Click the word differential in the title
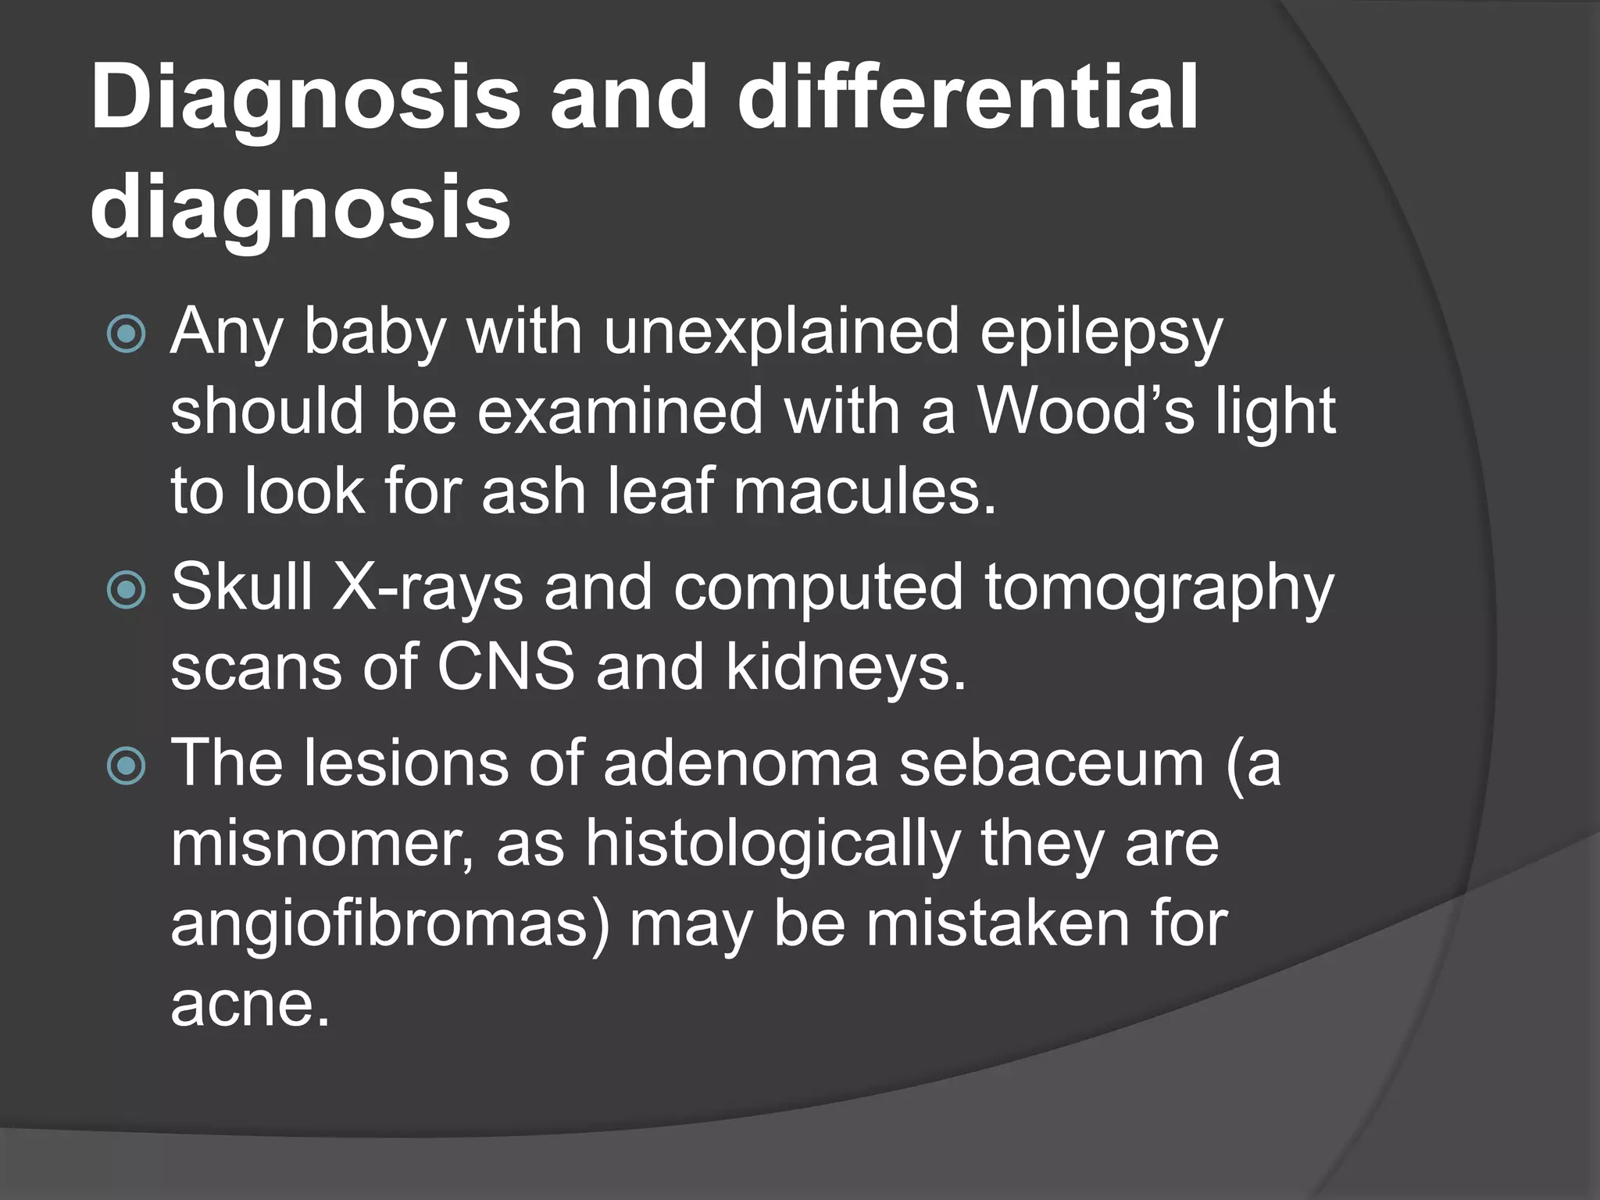(967, 99)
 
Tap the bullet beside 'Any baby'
(126, 334)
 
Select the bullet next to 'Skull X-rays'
(126, 590)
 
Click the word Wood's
(1086, 412)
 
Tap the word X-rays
(427, 587)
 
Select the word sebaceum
(1052, 763)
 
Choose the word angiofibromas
(390, 925)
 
